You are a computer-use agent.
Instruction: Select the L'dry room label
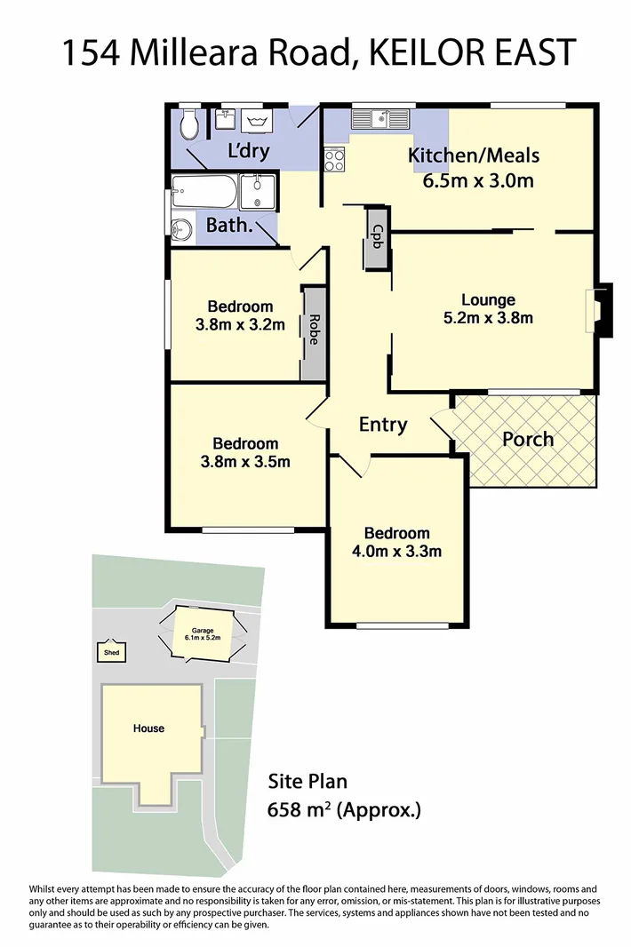[x=248, y=150]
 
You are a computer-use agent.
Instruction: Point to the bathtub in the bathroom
[x=204, y=191]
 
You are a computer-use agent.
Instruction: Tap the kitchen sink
[x=379, y=115]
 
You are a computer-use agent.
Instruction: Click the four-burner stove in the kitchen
[x=335, y=161]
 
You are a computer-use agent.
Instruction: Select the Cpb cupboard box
[x=377, y=237]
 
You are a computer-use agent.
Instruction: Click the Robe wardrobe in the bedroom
[x=314, y=334]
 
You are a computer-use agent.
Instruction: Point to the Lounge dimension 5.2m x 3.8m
[x=488, y=318]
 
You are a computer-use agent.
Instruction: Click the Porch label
[x=528, y=439]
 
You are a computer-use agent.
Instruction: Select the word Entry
[x=383, y=425]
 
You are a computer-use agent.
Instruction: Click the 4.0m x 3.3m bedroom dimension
[x=396, y=551]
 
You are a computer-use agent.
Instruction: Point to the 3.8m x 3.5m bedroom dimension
[x=244, y=461]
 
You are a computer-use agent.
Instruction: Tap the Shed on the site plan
[x=111, y=653]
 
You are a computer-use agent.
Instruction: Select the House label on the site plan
[x=148, y=728]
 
